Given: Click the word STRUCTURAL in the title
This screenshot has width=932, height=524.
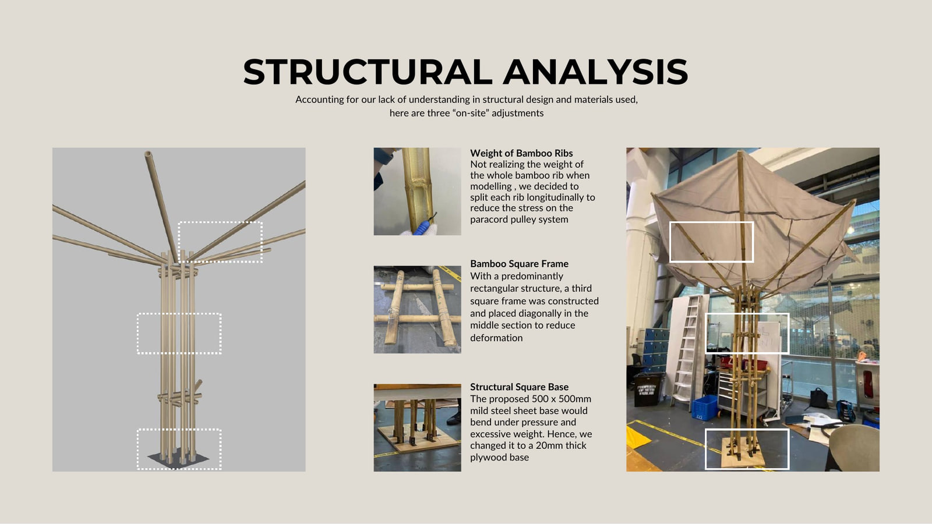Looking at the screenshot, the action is point(368,72).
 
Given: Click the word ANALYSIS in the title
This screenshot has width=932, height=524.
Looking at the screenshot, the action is point(595,72).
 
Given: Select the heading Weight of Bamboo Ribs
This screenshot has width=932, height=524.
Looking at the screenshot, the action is point(521,153).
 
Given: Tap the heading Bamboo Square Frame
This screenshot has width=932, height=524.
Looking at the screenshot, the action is point(519,264).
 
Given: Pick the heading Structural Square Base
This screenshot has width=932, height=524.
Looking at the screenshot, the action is point(519,387).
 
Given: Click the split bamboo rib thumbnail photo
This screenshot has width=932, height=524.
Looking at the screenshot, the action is point(417,192).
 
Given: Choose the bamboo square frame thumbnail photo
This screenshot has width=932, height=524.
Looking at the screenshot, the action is point(417,309).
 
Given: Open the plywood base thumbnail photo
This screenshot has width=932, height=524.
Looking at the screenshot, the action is point(417,427).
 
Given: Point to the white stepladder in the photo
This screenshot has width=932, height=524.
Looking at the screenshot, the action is point(689,350).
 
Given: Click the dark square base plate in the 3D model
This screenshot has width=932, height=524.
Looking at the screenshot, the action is point(178,459).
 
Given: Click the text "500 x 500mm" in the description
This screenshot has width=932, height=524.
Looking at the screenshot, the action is point(562,399).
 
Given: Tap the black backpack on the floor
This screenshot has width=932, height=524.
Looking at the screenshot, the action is point(818,398).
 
